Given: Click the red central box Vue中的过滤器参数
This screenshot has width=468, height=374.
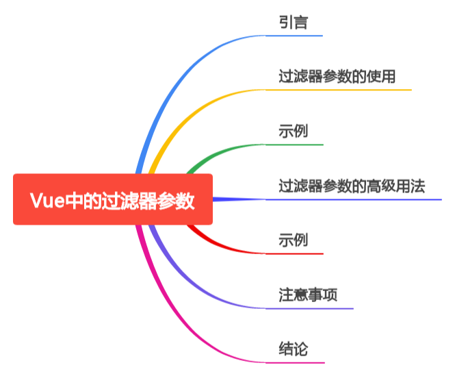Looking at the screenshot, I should coord(113,199).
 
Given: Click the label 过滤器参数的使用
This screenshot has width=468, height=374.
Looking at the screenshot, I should coord(337,76).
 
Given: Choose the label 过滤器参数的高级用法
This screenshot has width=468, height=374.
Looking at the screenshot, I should coord(352,186).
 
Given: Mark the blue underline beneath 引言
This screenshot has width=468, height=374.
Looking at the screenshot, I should coord(294,35).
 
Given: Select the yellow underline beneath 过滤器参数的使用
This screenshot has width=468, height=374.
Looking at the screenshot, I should coord(339,90).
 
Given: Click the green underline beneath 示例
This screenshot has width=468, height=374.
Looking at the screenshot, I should coord(294,145).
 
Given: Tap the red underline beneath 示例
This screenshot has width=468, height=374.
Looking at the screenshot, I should coord(294,253).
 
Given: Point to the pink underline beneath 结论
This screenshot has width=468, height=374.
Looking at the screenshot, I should coord(294,362).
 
